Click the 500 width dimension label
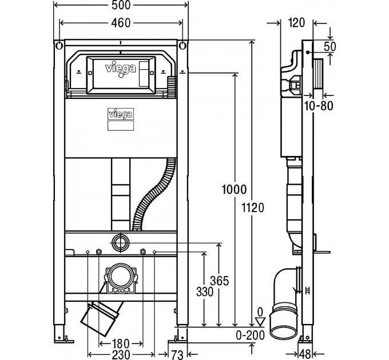pos(121,6)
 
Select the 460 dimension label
pos(121,23)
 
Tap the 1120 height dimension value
pos(253,207)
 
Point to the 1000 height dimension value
pos(234,190)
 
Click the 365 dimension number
pos(219,281)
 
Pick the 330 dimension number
pos(205,292)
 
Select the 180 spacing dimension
pos(121,343)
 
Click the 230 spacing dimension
pos(121,354)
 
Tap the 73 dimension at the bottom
pos(177,354)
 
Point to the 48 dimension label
pos(305,354)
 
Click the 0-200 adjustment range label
pos(250,335)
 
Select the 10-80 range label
pos(319,106)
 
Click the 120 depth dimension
pos(297,23)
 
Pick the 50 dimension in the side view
pos(330,46)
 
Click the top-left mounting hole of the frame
pos(59,46)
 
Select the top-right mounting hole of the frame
pos(182,46)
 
